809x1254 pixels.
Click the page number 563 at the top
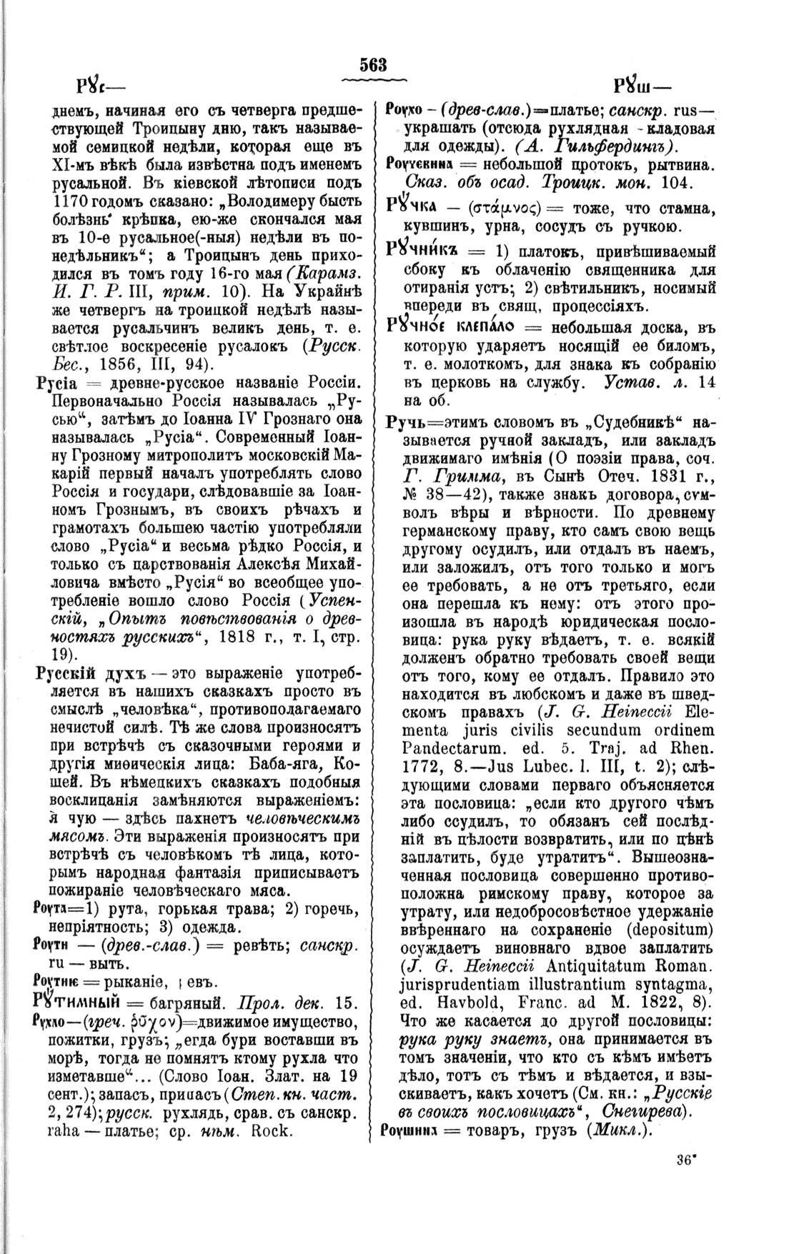[x=374, y=64]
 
